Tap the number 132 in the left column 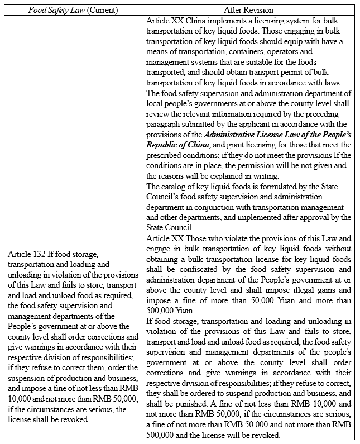point(42,254)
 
